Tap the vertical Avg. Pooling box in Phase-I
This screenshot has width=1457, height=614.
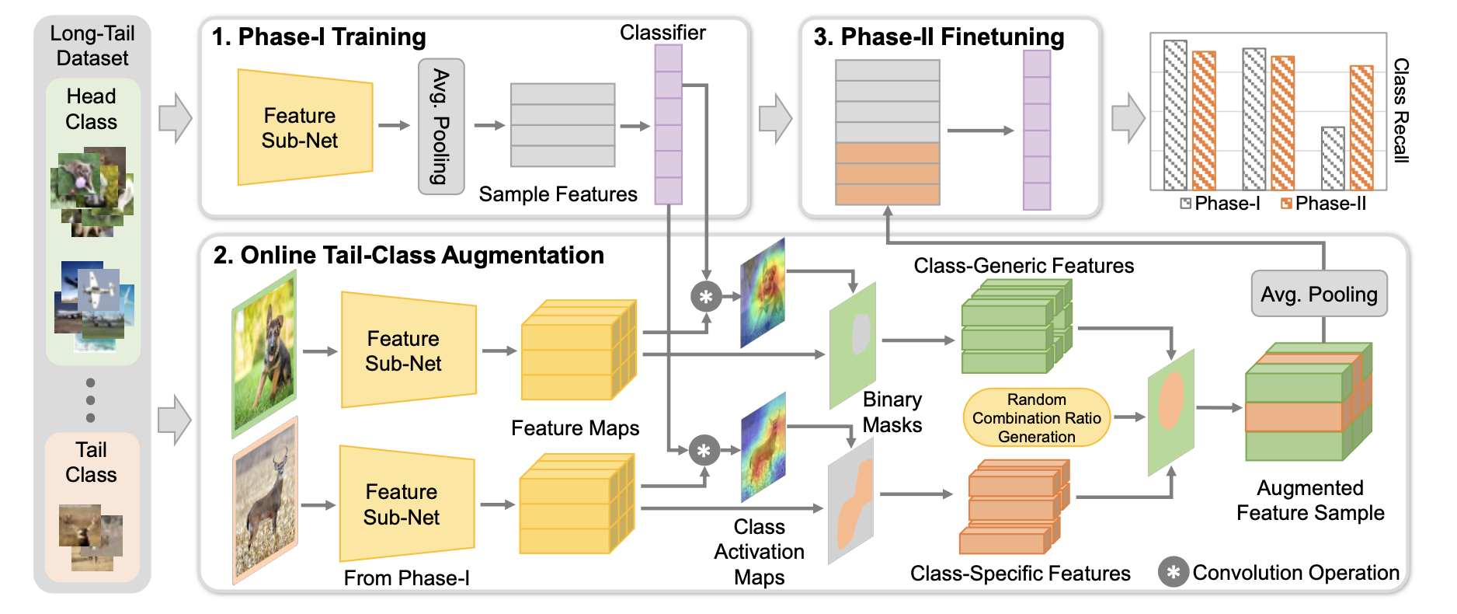point(441,126)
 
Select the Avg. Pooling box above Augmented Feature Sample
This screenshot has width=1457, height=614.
point(1319,294)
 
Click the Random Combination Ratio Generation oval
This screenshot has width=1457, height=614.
point(1036,418)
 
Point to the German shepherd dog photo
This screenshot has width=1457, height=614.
point(264,354)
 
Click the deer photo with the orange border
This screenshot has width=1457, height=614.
point(265,501)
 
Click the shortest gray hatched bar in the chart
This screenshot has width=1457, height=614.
point(1333,159)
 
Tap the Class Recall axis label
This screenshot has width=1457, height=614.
point(1400,110)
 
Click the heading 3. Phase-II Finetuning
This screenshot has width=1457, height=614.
point(938,37)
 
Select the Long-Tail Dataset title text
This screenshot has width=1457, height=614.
point(92,45)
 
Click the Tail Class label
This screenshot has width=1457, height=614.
point(91,462)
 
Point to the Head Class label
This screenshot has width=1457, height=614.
point(91,109)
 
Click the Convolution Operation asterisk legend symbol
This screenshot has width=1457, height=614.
point(1173,572)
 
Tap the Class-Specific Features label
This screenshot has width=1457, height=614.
point(1020,574)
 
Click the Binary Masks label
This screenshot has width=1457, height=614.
point(892,412)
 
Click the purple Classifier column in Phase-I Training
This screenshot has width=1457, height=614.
point(668,124)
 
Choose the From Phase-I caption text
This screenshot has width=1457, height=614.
point(406,578)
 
